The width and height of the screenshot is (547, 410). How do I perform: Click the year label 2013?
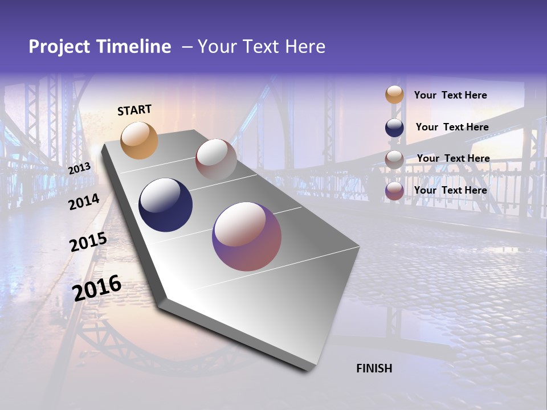pyautogui.click(x=79, y=169)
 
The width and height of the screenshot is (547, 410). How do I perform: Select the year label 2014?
pyautogui.click(x=84, y=202)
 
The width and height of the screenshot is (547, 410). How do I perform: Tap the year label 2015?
pyautogui.click(x=88, y=242)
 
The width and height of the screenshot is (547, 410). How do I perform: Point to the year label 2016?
pyautogui.click(x=97, y=288)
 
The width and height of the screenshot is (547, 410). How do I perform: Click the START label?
pyautogui.click(x=134, y=110)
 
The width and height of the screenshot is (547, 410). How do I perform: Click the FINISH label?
pyautogui.click(x=374, y=368)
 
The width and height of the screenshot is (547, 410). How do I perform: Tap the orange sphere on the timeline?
pyautogui.click(x=140, y=140)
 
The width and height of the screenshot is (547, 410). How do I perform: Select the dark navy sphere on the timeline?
pyautogui.click(x=166, y=205)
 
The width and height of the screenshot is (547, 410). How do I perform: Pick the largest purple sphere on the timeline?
pyautogui.click(x=247, y=236)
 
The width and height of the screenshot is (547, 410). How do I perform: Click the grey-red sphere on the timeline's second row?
pyautogui.click(x=216, y=159)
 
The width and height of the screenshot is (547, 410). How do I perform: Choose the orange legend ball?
pyautogui.click(x=394, y=95)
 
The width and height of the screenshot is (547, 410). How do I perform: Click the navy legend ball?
pyautogui.click(x=394, y=128)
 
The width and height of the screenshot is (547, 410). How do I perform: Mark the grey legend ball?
pyautogui.click(x=394, y=159)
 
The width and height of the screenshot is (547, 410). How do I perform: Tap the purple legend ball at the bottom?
pyautogui.click(x=394, y=191)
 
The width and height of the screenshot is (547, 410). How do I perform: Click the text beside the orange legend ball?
pyautogui.click(x=451, y=96)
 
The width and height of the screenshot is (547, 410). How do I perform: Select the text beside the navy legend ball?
pyautogui.click(x=452, y=127)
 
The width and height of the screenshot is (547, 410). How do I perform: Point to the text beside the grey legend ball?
pyautogui.click(x=454, y=158)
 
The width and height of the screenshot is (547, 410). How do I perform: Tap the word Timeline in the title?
pyautogui.click(x=135, y=47)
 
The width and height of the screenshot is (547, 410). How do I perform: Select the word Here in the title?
pyautogui.click(x=305, y=47)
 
